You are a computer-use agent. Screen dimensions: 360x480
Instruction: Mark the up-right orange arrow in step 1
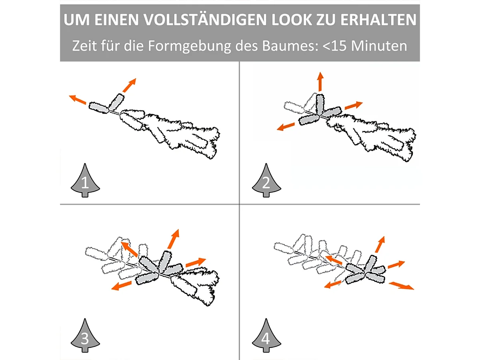pos(129,85)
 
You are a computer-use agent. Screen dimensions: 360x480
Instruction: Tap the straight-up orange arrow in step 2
pos(320,82)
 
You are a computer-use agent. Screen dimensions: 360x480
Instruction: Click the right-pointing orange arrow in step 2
pos(353,106)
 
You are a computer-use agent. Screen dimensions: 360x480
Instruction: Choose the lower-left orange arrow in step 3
pos(122,285)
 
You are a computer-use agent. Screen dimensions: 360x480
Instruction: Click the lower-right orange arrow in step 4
pos(401,285)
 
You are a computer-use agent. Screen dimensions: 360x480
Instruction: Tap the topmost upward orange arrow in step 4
pos(379,244)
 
